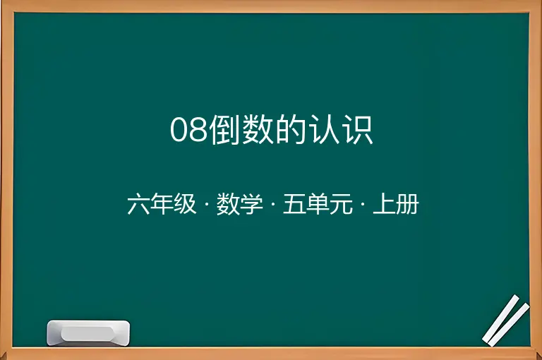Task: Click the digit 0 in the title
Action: tap(179, 130)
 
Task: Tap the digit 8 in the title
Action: tap(198, 130)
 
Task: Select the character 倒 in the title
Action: tap(225, 129)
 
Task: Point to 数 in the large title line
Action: tap(258, 129)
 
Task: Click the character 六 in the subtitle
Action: tap(138, 204)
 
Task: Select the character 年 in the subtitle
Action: tap(162, 204)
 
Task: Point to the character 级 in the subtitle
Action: tap(185, 204)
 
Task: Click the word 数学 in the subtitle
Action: tap(239, 204)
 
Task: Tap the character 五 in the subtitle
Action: tap(294, 204)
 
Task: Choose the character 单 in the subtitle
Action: tap(318, 204)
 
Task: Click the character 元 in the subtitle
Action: tap(340, 204)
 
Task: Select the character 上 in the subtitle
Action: tap(384, 204)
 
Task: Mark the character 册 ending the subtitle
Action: tap(407, 204)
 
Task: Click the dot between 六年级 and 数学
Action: tap(206, 205)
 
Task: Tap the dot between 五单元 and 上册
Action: tap(363, 205)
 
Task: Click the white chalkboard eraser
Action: tap(88, 332)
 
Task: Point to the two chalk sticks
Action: tap(506, 320)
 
